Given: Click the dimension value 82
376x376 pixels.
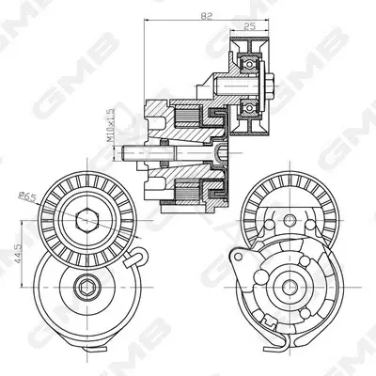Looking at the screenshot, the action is pos(207,15).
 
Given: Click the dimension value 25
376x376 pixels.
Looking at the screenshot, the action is pos(249,26).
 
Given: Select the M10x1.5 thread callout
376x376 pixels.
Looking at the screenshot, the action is pos(110,125).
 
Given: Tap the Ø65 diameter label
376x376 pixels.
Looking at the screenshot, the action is pos(27,196).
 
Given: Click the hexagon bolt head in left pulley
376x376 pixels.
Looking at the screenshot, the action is pos(87,220).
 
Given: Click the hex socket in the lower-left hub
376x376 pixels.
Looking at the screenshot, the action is pos(87,287).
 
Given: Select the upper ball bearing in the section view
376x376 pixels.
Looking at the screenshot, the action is pos(249,64).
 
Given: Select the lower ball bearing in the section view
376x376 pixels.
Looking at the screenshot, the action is pos(249,108).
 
